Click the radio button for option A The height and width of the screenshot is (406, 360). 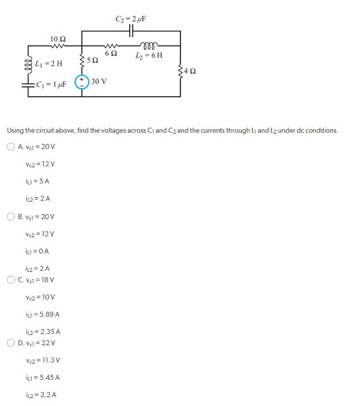[x=11, y=147]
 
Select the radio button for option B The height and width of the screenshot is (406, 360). [x=11, y=217]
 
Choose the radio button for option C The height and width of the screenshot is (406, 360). [x=11, y=280]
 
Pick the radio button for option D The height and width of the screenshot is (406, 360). [x=11, y=343]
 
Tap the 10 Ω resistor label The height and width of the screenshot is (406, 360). [x=57, y=39]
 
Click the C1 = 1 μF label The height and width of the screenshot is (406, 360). [x=51, y=84]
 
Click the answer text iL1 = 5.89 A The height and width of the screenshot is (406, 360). [x=42, y=314]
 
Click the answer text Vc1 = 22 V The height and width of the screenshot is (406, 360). [x=38, y=343]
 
